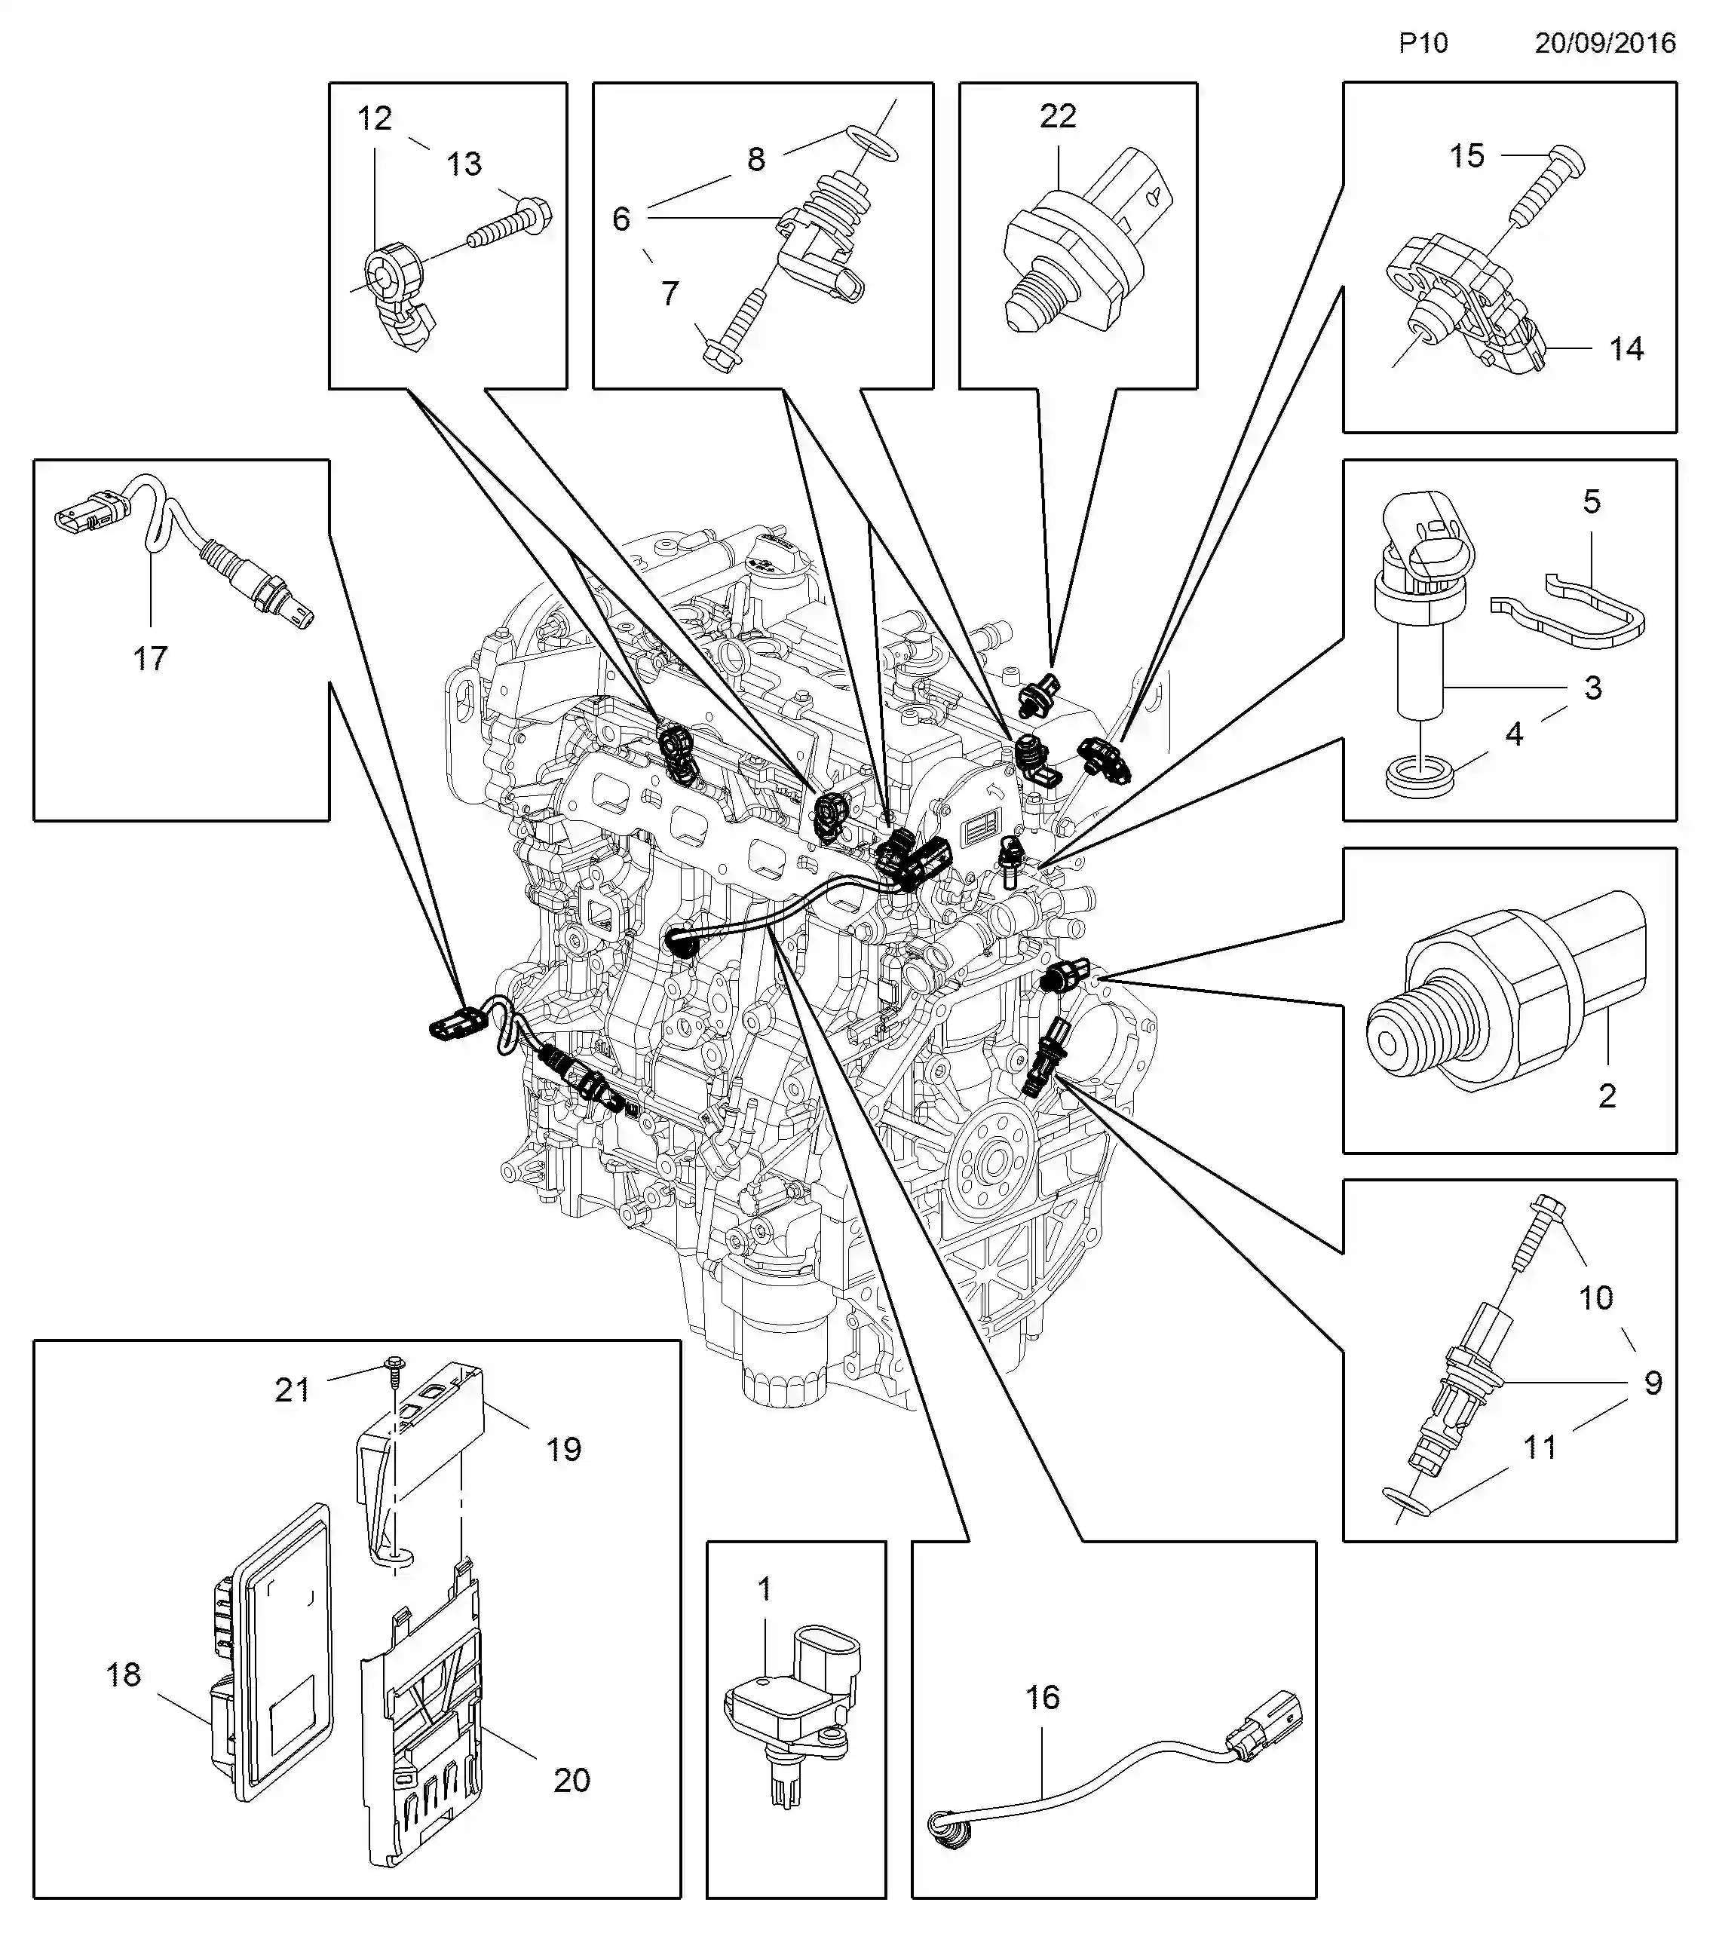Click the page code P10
click(x=1423, y=42)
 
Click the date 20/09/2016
click(x=1605, y=42)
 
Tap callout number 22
click(x=1058, y=116)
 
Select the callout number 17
click(x=149, y=658)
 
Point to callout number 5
click(x=1592, y=501)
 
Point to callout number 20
click(x=572, y=1780)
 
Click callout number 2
click(x=1606, y=1095)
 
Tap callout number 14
click(x=1626, y=349)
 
